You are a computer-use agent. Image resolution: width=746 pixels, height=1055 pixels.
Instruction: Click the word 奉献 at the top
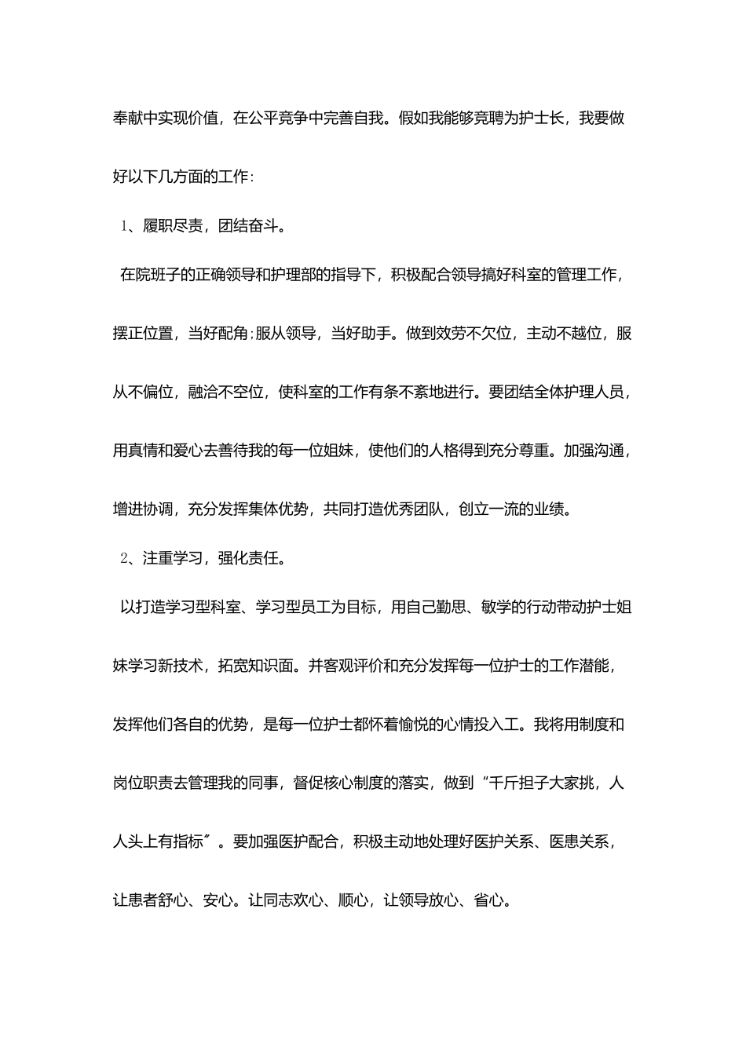pyautogui.click(x=128, y=119)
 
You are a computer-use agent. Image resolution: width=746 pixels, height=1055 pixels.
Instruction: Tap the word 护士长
pyautogui.click(x=535, y=119)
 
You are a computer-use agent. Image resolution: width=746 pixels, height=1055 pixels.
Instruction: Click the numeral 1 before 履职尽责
pyautogui.click(x=124, y=227)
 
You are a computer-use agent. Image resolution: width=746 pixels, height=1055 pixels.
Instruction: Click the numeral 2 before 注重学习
pyautogui.click(x=124, y=559)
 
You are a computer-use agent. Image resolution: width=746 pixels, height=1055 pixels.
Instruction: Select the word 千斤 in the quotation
pyautogui.click(x=504, y=783)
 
